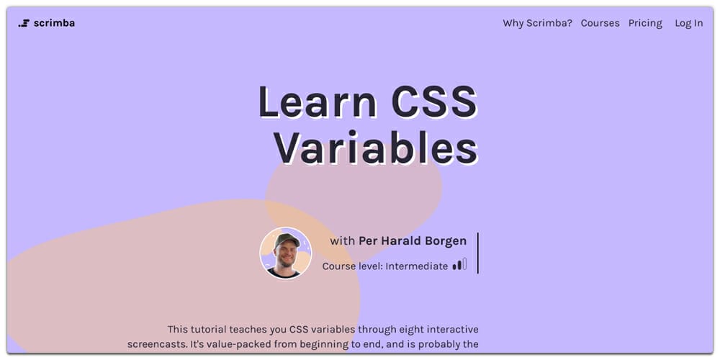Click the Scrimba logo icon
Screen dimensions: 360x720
tap(24, 23)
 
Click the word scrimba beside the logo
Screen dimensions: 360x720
tap(54, 23)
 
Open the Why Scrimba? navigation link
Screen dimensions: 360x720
tap(537, 23)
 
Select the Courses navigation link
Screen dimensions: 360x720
tap(600, 23)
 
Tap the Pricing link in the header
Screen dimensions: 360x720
tap(645, 23)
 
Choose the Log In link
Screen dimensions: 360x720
tap(688, 23)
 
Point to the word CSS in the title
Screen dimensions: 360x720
tap(433, 103)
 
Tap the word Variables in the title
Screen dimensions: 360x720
tap(375, 149)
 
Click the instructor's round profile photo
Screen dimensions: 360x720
tap(286, 253)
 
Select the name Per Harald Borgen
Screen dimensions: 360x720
tap(413, 241)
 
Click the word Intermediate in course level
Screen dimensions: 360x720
tap(416, 266)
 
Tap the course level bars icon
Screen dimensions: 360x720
tap(459, 265)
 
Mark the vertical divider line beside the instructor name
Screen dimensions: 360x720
tap(477, 253)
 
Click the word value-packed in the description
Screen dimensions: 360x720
tap(243, 344)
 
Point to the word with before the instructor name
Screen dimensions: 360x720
tap(343, 241)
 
